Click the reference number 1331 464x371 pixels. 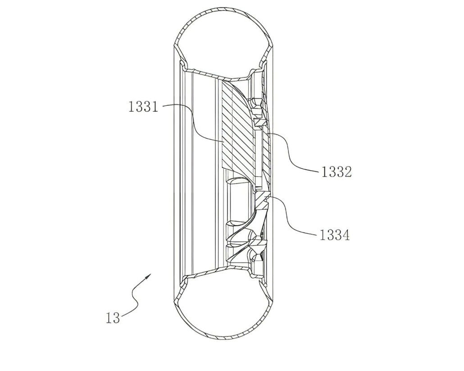click(x=143, y=107)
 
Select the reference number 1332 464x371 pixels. click(x=336, y=172)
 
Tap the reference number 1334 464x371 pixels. click(x=334, y=235)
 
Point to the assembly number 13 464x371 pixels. click(x=113, y=318)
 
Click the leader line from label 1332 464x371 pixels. click(x=293, y=153)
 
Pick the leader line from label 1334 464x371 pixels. click(x=293, y=221)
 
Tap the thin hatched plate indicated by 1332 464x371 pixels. click(x=266, y=153)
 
